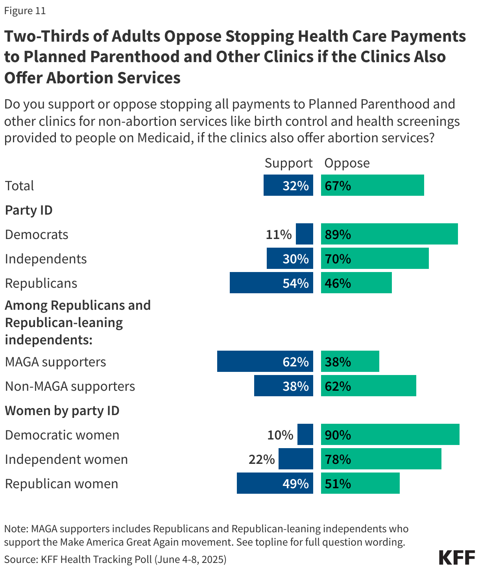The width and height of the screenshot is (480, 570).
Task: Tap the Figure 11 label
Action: pyautogui.click(x=25, y=11)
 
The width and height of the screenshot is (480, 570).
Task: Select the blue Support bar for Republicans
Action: pyautogui.click(x=271, y=283)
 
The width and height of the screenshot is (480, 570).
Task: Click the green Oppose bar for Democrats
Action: pyautogui.click(x=389, y=234)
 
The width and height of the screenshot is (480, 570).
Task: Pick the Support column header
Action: pyautogui.click(x=288, y=163)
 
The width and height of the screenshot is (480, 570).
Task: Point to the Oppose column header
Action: pyautogui.click(x=347, y=163)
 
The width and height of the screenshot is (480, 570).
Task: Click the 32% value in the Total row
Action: pyautogui.click(x=295, y=186)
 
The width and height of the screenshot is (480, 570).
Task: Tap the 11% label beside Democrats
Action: pyautogui.click(x=279, y=235)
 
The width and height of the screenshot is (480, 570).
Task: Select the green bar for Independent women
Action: pyautogui.click(x=381, y=459)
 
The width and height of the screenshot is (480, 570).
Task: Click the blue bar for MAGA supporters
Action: pyautogui.click(x=265, y=361)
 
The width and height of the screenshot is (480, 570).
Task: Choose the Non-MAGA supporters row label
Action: pyautogui.click(x=70, y=386)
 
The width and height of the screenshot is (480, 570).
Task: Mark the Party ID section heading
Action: pyautogui.click(x=29, y=210)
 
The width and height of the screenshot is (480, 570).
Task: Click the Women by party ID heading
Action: pyautogui.click(x=62, y=410)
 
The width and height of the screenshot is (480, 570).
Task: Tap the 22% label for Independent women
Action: pyautogui.click(x=262, y=459)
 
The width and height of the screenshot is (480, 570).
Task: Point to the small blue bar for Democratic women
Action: pyautogui.click(x=305, y=434)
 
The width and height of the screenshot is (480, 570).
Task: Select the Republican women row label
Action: pyautogui.click(x=61, y=484)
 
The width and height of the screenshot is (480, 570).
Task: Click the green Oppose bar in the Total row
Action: pyautogui.click(x=372, y=185)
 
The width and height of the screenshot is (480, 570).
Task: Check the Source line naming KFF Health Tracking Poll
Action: pyautogui.click(x=115, y=559)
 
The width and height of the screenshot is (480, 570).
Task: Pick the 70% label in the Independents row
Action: pyautogui.click(x=338, y=259)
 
